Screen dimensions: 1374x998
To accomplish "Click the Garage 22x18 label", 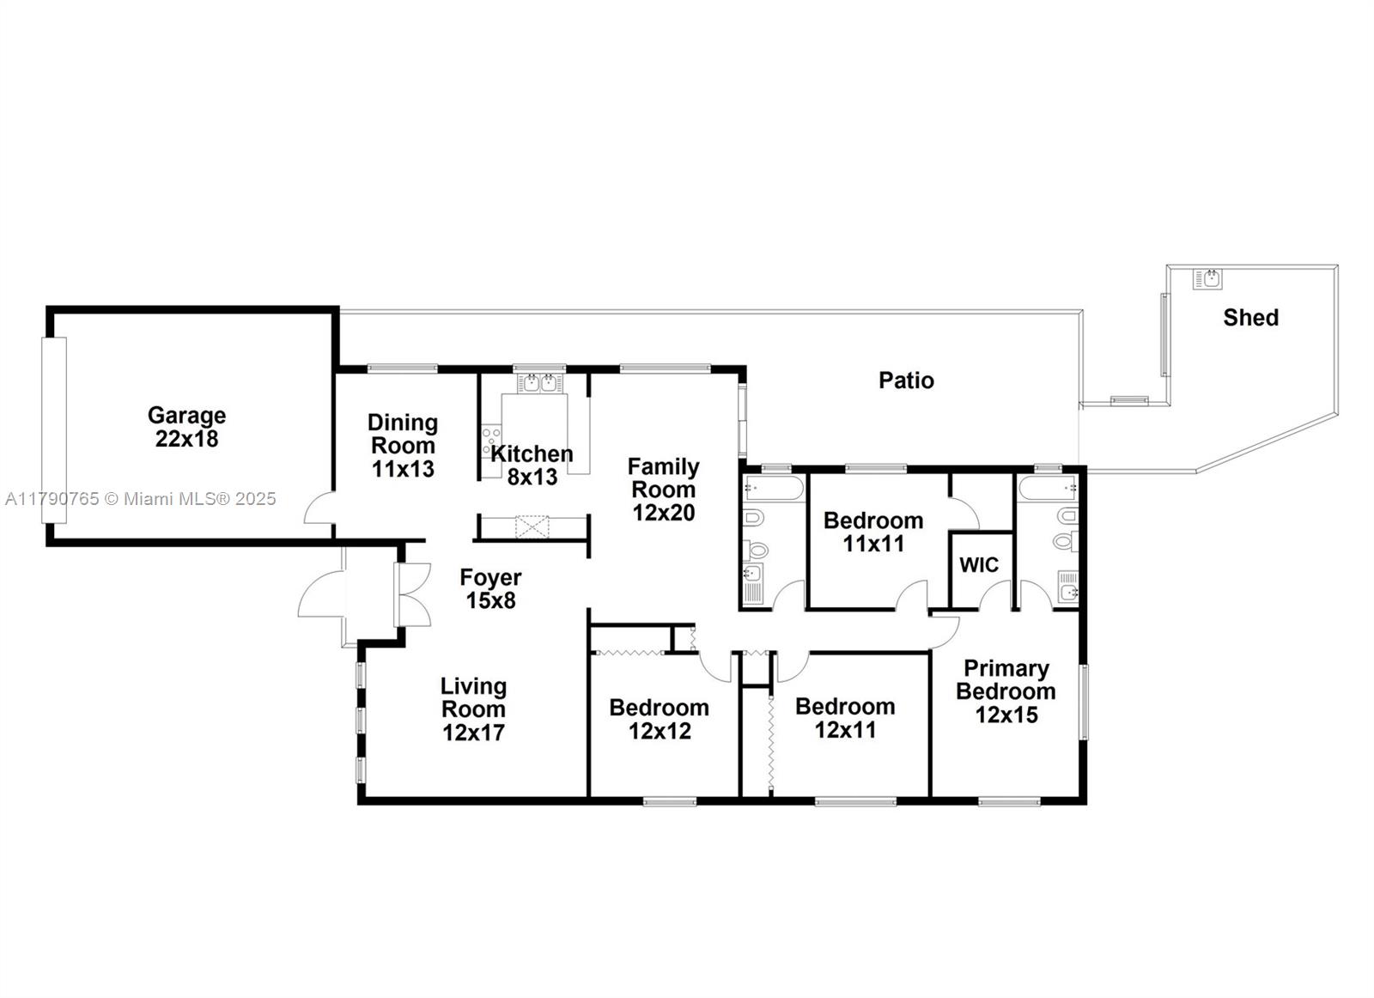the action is [x=186, y=427].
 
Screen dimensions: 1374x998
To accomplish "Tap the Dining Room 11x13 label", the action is [x=403, y=446].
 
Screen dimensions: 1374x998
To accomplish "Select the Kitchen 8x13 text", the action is [x=532, y=465].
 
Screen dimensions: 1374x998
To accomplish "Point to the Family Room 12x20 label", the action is [x=663, y=490].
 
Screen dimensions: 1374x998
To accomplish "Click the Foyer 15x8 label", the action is [x=490, y=589].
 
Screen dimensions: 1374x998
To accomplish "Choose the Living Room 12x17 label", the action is [x=473, y=709].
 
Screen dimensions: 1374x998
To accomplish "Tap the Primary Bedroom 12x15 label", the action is [x=1006, y=691].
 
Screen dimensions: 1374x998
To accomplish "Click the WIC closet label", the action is [x=979, y=565].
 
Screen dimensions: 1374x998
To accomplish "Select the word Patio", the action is [x=906, y=380].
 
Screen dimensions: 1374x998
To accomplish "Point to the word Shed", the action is [x=1250, y=317].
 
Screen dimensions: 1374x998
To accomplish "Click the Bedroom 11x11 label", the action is [x=873, y=532].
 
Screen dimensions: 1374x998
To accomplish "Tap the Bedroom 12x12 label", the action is [x=660, y=719].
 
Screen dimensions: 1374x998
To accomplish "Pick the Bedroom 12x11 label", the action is [x=845, y=718].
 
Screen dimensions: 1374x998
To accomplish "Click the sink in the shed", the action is [x=1207, y=279].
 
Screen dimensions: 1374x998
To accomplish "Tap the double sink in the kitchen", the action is [x=539, y=383].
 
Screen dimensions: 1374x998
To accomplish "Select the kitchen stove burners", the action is [x=490, y=442].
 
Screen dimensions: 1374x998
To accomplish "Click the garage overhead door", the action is [x=53, y=430].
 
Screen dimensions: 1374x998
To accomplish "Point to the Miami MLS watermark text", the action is [x=141, y=499].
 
